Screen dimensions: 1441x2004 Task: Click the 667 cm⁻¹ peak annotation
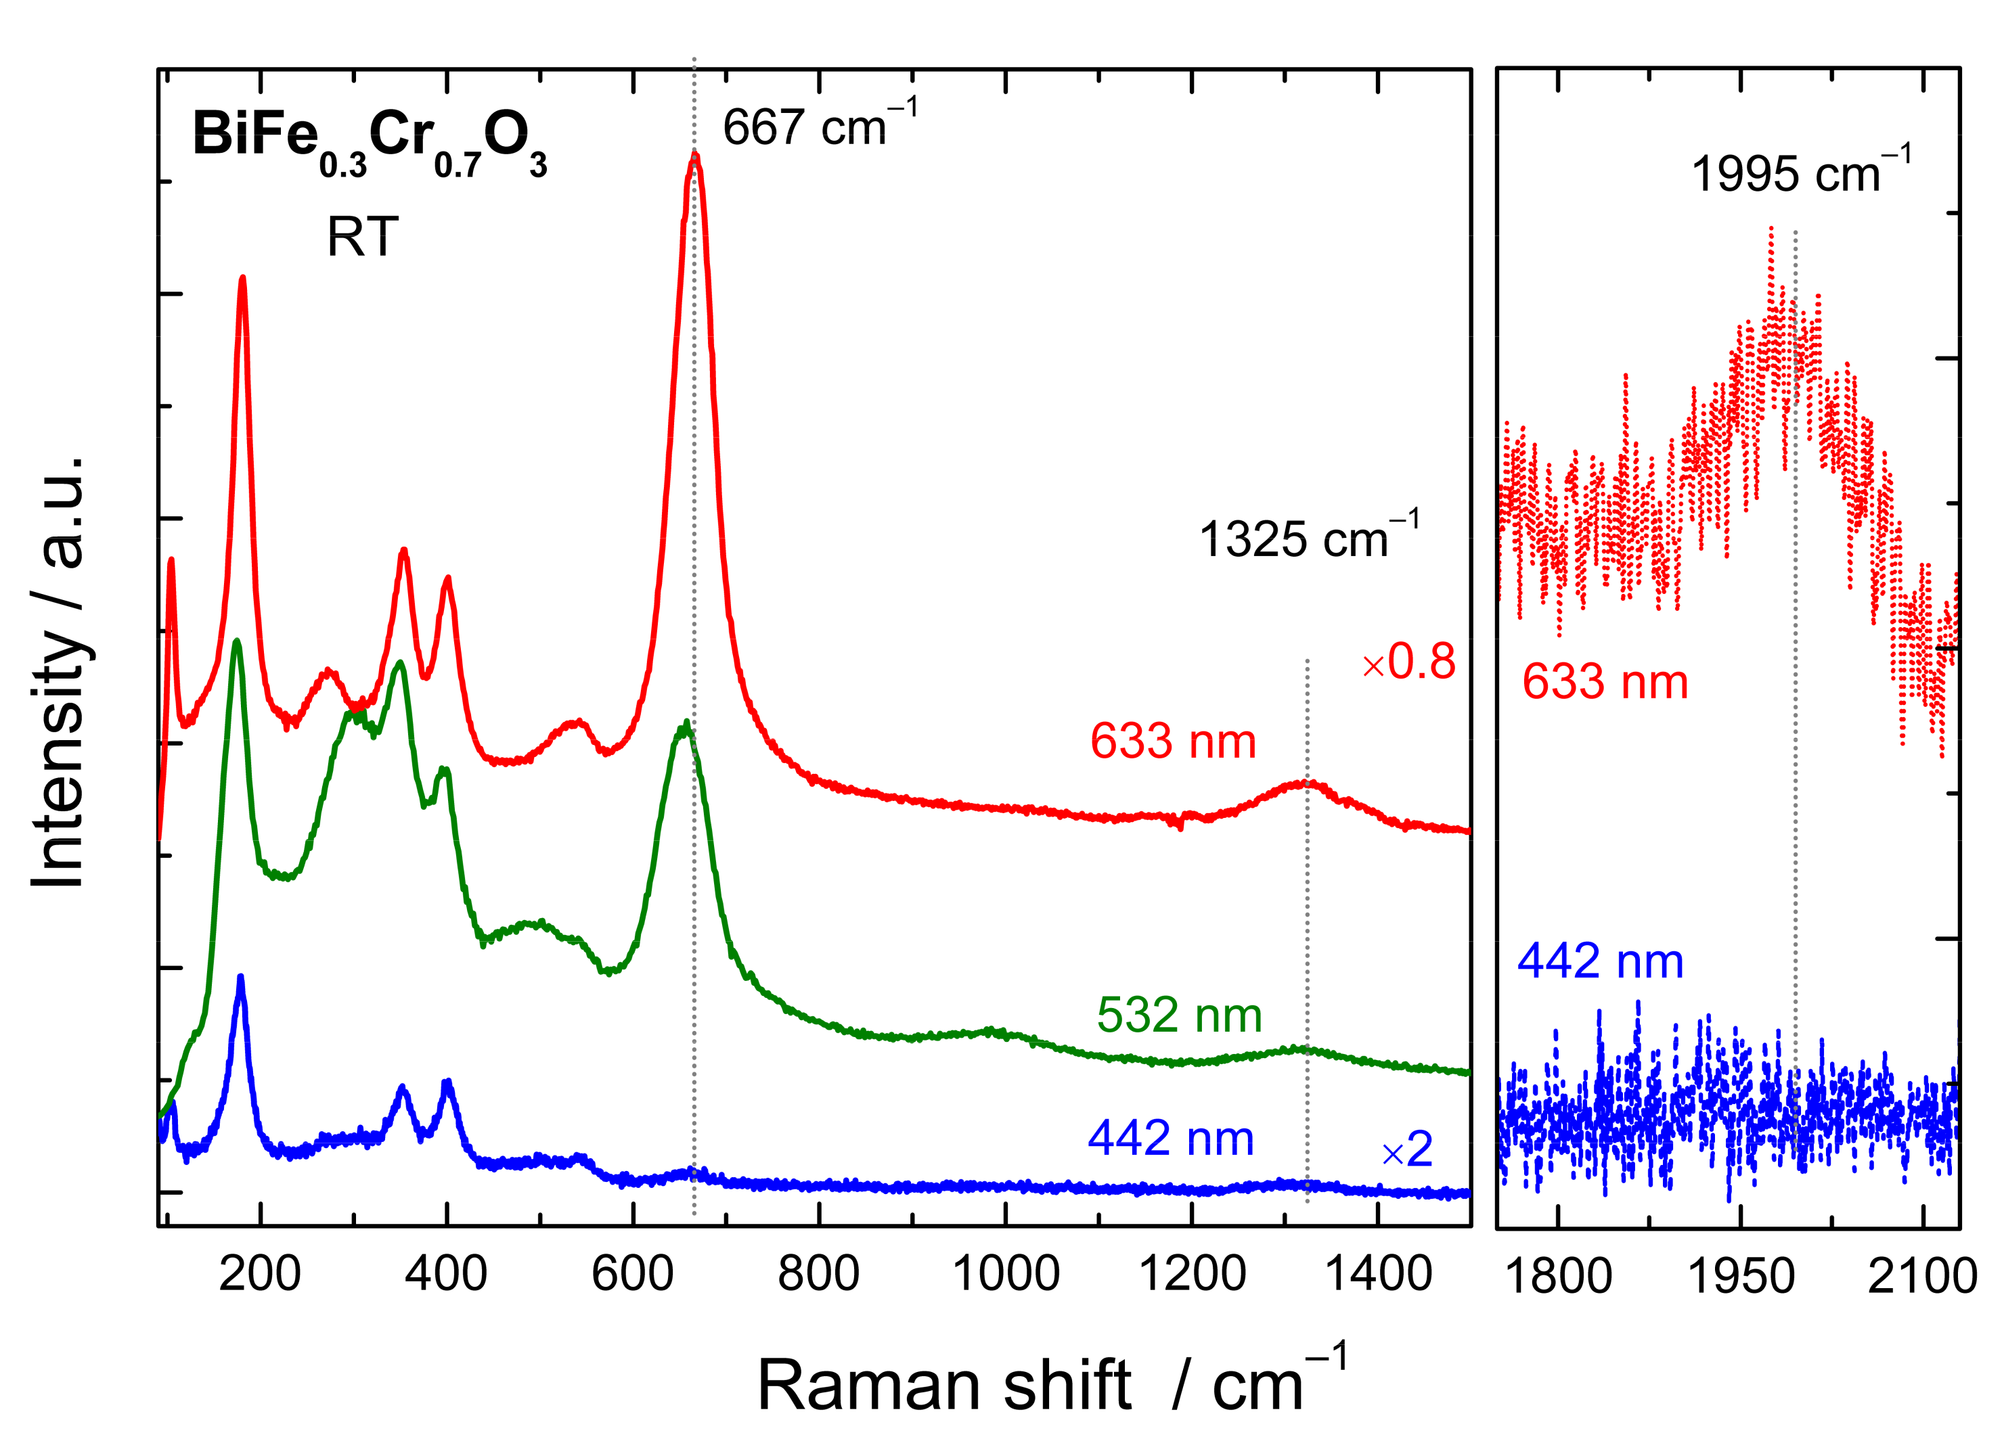coord(818,127)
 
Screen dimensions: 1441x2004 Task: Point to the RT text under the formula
coord(362,237)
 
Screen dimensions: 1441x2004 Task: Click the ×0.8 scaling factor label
coord(1408,662)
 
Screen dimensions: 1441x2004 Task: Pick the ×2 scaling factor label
coord(1406,1149)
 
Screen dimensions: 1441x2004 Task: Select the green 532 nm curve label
coord(1179,1015)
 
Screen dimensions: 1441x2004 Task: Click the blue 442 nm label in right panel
coord(1600,961)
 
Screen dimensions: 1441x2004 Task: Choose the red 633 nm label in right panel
coord(1605,682)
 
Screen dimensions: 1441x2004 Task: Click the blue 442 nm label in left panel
coord(1171,1139)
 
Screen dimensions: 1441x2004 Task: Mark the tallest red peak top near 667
coord(694,156)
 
